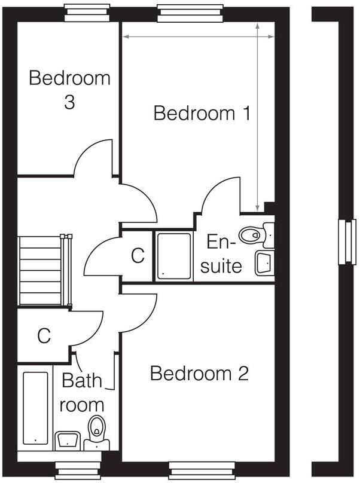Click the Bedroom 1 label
click(x=202, y=113)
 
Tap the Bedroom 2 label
click(x=199, y=374)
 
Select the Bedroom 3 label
click(x=69, y=90)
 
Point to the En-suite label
click(x=222, y=253)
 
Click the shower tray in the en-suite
click(x=174, y=255)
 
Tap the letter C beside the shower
click(x=138, y=256)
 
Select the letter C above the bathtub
click(x=44, y=336)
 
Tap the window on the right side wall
click(x=344, y=242)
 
